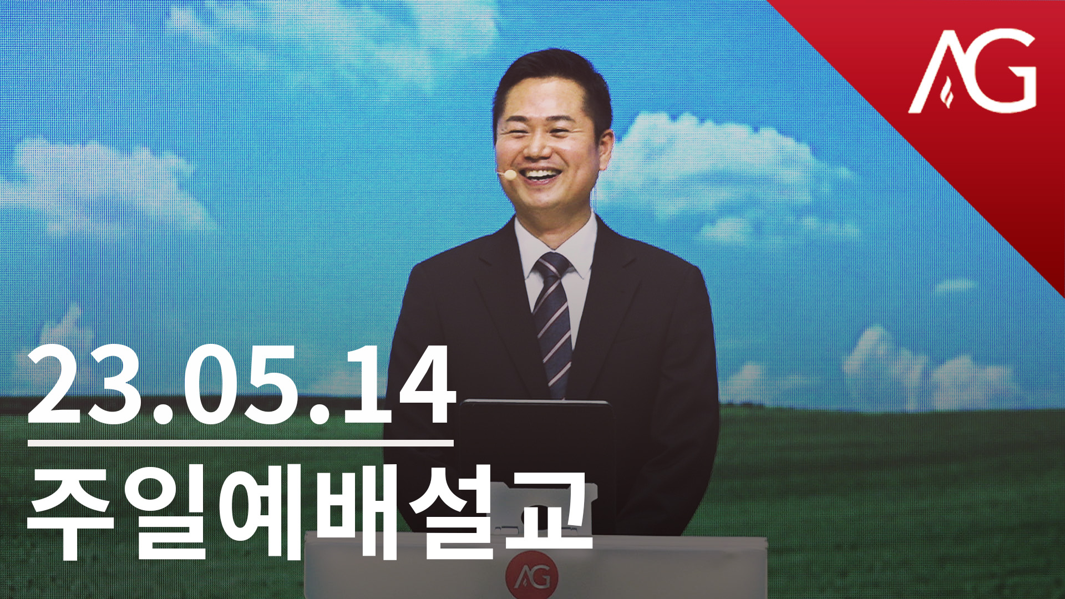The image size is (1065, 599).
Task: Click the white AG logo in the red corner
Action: coord(972,71)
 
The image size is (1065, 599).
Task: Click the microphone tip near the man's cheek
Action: coord(509,175)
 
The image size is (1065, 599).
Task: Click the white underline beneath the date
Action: coord(241,443)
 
